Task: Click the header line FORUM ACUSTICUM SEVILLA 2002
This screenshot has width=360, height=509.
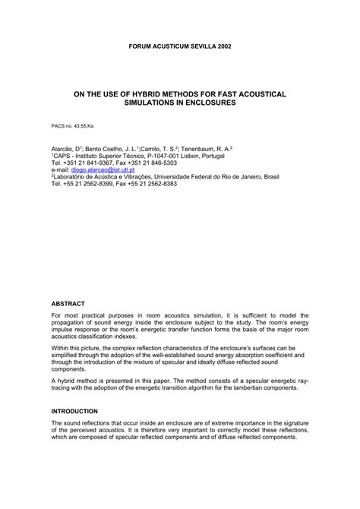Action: (x=179, y=46)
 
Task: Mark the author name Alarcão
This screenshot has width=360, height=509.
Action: (x=62, y=149)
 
